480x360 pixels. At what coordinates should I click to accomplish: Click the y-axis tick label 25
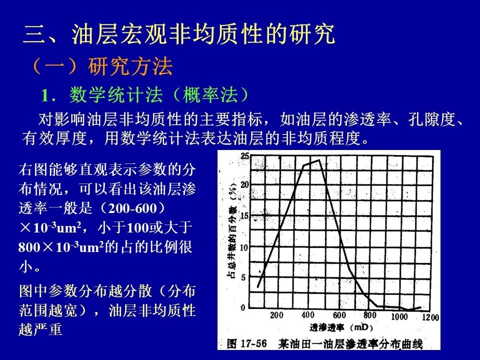(245, 156)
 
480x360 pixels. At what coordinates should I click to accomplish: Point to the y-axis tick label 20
(245, 184)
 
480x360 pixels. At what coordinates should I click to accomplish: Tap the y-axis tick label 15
(244, 216)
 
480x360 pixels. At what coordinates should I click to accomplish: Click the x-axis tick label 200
(276, 315)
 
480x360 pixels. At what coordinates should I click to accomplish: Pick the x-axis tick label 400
(307, 314)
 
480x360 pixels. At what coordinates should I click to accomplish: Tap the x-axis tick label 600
(339, 315)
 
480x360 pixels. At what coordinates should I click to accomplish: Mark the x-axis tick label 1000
(399, 316)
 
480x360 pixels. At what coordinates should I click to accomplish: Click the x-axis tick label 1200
(430, 317)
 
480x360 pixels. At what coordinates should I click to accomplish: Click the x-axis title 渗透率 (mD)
(340, 327)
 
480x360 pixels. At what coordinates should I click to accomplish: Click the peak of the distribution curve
(319, 160)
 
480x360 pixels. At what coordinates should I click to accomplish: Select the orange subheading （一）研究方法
(102, 66)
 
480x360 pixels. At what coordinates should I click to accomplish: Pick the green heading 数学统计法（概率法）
(159, 94)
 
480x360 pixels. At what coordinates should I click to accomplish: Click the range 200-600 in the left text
(132, 208)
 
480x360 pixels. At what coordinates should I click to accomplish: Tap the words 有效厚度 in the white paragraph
(54, 138)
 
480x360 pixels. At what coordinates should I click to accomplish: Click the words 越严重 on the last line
(40, 329)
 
